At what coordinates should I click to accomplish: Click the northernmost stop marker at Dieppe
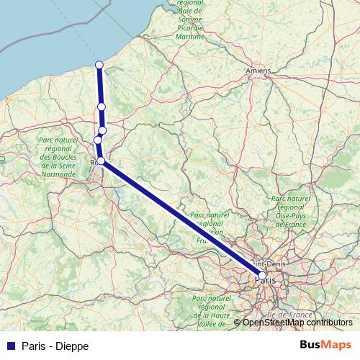click(x=99, y=66)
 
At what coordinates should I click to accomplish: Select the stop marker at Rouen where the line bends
click(x=102, y=161)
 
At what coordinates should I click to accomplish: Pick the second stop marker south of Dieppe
click(x=102, y=130)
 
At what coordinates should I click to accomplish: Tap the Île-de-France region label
click(x=287, y=315)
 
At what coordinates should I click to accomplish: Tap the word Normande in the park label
click(x=58, y=174)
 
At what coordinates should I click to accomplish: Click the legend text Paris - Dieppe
click(x=55, y=346)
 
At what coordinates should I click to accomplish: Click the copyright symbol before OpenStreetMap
click(x=238, y=323)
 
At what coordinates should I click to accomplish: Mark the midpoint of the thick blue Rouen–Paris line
click(x=181, y=217)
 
